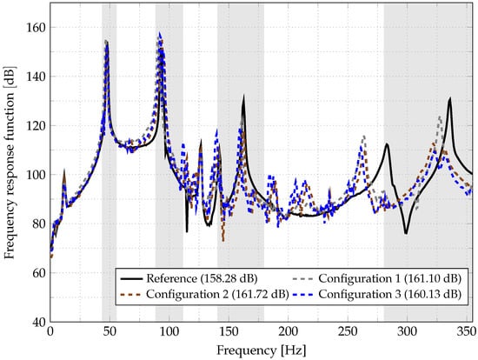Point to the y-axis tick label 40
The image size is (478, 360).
[37, 322]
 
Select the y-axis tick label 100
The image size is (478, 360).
[34, 175]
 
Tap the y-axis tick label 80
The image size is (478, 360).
[37, 224]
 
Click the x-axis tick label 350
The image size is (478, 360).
[467, 333]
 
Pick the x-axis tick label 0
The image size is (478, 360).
[50, 333]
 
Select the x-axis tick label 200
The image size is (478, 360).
[289, 333]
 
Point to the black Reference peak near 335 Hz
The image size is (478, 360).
[450, 99]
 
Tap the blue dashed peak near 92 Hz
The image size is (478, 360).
[160, 35]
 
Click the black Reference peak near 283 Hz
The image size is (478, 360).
[387, 144]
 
